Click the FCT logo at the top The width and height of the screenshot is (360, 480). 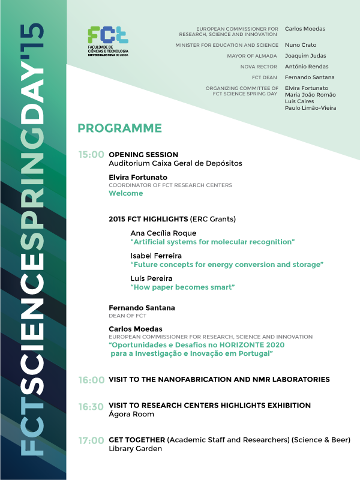[x=108, y=41]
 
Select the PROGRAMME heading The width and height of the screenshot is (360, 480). [x=120, y=128]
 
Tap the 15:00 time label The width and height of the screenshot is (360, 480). [x=91, y=155]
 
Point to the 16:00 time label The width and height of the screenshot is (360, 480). [x=91, y=380]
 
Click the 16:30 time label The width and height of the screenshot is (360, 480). [x=91, y=407]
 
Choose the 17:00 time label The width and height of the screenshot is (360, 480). [x=91, y=441]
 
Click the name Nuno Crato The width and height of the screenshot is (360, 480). [x=301, y=45]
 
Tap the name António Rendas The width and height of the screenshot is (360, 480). [x=307, y=67]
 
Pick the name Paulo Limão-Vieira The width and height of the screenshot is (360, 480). [x=310, y=108]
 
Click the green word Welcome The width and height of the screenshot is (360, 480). [x=126, y=194]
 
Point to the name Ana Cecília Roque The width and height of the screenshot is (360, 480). [x=163, y=233]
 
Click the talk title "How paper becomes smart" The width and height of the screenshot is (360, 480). [x=182, y=287]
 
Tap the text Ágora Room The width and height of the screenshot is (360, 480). [x=131, y=414]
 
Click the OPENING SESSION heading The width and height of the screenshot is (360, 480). [x=143, y=155]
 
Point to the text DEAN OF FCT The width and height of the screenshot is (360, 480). [x=128, y=316]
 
